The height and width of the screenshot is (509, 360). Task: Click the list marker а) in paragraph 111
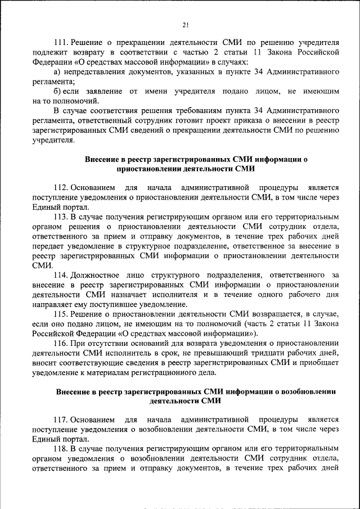tap(57, 73)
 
